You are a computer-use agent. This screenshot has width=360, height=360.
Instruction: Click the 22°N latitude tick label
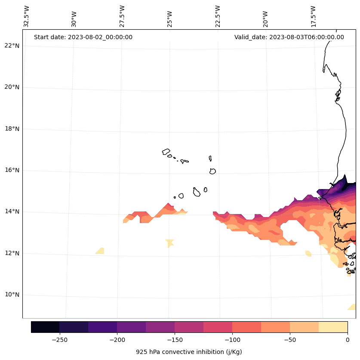[x=12, y=46]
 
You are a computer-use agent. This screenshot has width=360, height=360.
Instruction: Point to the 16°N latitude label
[x=12, y=170]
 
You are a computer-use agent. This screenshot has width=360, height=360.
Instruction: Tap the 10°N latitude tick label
[x=12, y=295]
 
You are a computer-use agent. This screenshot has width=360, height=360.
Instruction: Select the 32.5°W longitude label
[x=27, y=16]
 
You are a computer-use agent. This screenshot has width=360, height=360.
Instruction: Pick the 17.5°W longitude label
[x=314, y=16]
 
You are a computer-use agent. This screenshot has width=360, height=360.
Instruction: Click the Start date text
[x=83, y=37]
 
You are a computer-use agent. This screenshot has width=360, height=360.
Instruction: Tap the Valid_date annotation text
[x=289, y=37]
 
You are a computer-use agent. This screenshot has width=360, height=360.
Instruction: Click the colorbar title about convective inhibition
[x=189, y=352]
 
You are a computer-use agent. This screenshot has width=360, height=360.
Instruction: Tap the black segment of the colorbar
[x=45, y=327]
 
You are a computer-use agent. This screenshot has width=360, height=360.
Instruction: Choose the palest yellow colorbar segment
[x=333, y=327]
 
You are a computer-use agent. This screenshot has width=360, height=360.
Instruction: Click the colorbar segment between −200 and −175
[x=131, y=327]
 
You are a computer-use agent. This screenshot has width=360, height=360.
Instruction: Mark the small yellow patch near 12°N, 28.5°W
[x=100, y=251]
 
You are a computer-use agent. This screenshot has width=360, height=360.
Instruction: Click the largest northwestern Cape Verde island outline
[x=166, y=152]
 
